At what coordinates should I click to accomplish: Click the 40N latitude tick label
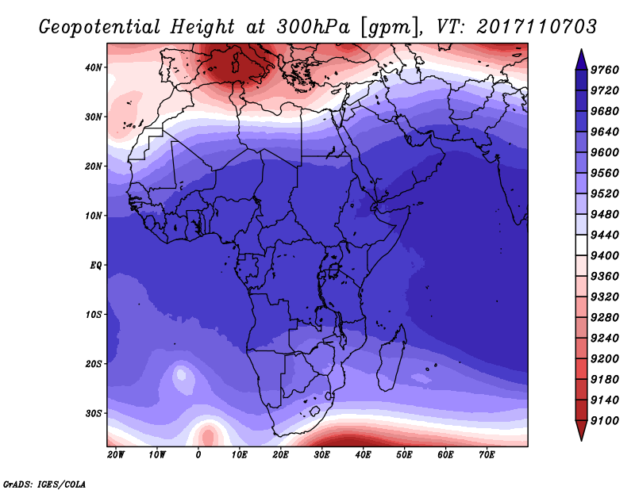(x=93, y=67)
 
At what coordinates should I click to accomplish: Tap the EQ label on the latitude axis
(x=95, y=266)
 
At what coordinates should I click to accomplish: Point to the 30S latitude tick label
(x=93, y=414)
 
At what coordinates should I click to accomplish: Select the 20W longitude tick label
(x=115, y=455)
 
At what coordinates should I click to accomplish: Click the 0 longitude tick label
(x=198, y=455)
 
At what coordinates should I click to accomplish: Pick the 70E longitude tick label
(x=487, y=455)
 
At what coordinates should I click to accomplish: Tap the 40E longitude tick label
(x=363, y=455)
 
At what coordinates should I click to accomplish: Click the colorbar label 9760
(x=605, y=70)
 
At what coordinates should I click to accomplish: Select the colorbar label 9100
(x=605, y=421)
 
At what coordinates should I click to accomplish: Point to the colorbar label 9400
(x=605, y=256)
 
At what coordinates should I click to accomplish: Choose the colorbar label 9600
(x=605, y=152)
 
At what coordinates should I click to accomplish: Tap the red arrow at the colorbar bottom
(x=581, y=431)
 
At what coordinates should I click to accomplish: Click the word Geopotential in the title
(x=100, y=28)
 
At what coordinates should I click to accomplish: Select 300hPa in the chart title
(x=314, y=27)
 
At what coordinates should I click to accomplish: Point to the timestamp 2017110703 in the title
(x=537, y=27)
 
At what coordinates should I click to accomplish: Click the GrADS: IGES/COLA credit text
(x=44, y=484)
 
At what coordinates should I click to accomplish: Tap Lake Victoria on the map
(x=334, y=270)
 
